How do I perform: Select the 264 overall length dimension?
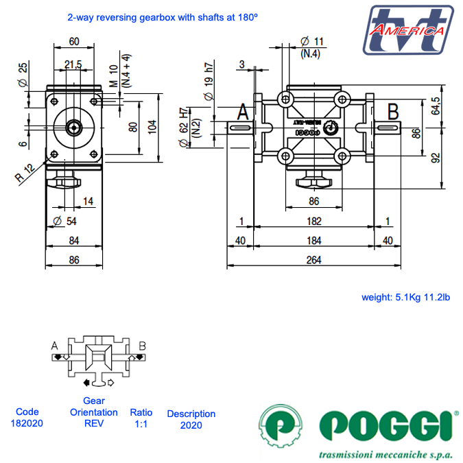pyautogui.click(x=314, y=260)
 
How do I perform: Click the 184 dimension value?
pyautogui.click(x=314, y=240)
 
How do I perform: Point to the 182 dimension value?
pyautogui.click(x=314, y=220)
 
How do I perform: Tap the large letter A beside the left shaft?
pyautogui.click(x=244, y=112)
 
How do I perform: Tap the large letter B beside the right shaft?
pyautogui.click(x=393, y=110)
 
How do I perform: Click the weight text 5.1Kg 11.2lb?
pyautogui.click(x=405, y=297)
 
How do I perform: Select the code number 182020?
pyautogui.click(x=27, y=423)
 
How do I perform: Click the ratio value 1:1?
pyautogui.click(x=141, y=423)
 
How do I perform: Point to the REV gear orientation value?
pyautogui.click(x=93, y=423)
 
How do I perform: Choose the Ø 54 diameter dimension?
pyautogui.click(x=64, y=221)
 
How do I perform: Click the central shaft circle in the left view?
pyautogui.click(x=73, y=127)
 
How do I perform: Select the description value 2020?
pyautogui.click(x=191, y=425)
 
